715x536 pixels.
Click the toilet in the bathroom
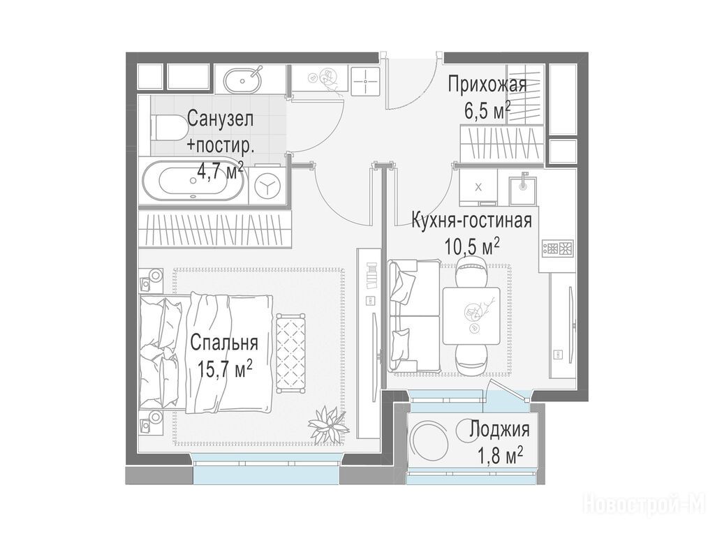pyautogui.click(x=162, y=127)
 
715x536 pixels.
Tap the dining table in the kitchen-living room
pyautogui.click(x=471, y=316)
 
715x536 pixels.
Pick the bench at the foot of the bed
pyautogui.click(x=290, y=352)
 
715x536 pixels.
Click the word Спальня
pyautogui.click(x=224, y=343)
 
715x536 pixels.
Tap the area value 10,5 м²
pyautogui.click(x=472, y=248)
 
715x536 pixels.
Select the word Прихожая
pyautogui.click(x=487, y=85)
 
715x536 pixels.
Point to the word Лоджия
pyautogui.click(x=499, y=430)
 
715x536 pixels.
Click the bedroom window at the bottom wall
pyautogui.click(x=266, y=469)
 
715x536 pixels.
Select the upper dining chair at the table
pyautogui.click(x=471, y=271)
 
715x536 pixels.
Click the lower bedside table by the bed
pyautogui.click(x=151, y=421)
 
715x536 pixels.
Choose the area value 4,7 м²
pyautogui.click(x=219, y=172)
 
